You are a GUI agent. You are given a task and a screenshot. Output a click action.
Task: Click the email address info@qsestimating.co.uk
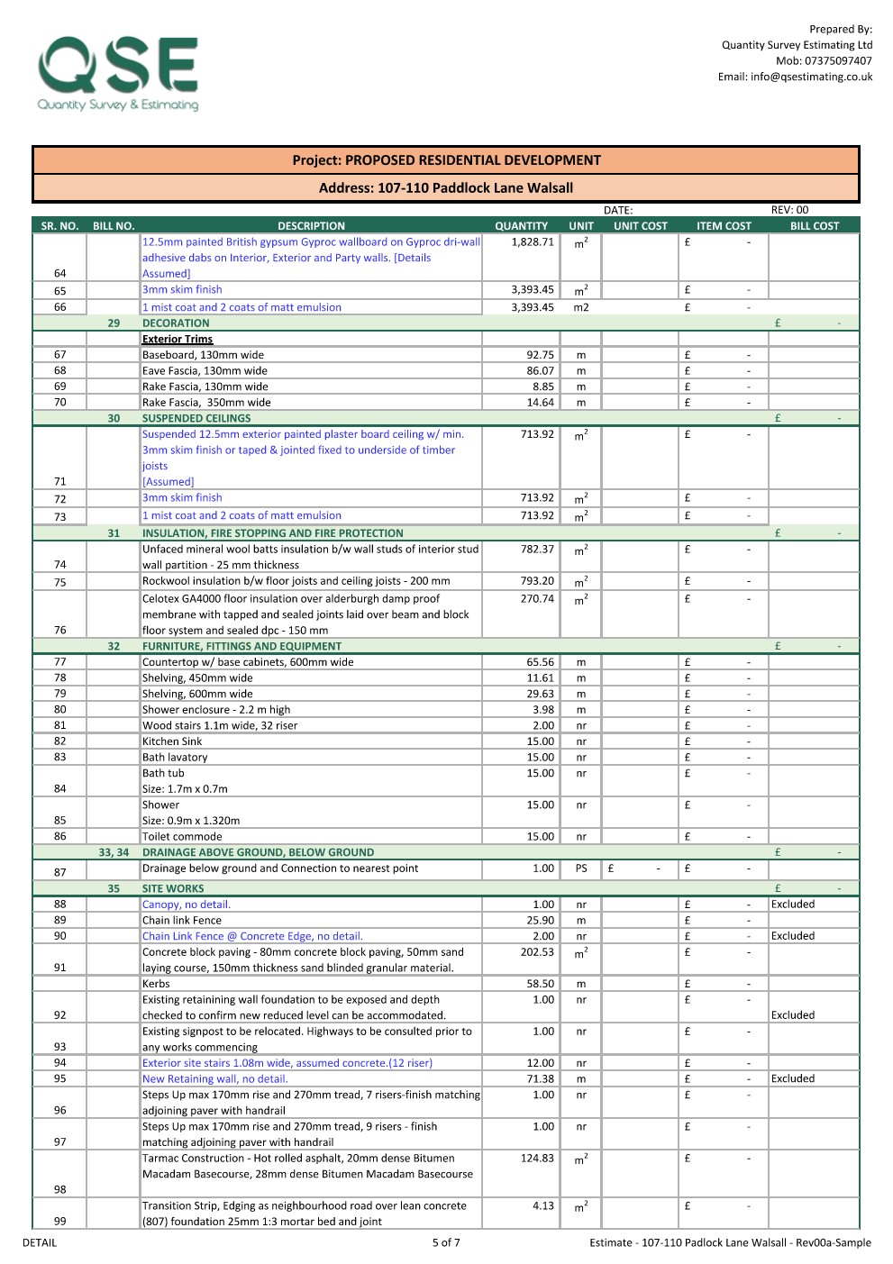click(795, 77)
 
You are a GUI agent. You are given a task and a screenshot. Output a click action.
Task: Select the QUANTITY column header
click(521, 226)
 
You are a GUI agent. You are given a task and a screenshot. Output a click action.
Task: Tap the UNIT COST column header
click(640, 226)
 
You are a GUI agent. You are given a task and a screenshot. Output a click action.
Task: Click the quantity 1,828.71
click(533, 242)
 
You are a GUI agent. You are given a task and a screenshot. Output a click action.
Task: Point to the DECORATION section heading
click(176, 323)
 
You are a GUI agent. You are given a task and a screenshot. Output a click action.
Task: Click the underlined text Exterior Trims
click(178, 340)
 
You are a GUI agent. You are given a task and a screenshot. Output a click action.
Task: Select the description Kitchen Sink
click(172, 741)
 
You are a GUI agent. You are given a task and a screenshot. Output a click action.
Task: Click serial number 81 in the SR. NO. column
click(60, 725)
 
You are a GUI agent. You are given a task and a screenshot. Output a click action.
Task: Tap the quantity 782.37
click(537, 550)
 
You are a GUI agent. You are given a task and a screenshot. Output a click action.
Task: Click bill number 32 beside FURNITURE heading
click(114, 646)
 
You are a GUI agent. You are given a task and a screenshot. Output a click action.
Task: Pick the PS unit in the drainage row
click(581, 868)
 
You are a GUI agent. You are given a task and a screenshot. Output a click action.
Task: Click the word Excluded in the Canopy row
click(793, 905)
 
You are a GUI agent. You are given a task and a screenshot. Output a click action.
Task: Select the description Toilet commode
click(182, 837)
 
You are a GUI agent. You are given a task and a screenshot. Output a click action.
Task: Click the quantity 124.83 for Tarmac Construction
click(537, 1159)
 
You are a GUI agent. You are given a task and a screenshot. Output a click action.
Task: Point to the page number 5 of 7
click(446, 1242)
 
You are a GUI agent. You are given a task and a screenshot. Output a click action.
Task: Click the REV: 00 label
click(789, 210)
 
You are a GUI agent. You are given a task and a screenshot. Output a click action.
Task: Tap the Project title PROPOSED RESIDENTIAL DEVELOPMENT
click(446, 160)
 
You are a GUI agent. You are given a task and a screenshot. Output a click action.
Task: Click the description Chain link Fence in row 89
click(182, 921)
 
